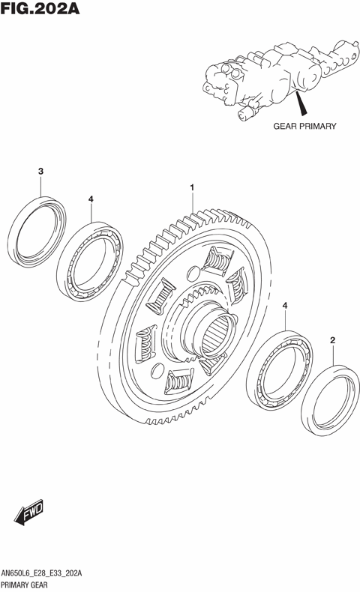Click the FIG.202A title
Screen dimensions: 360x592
click(x=40, y=8)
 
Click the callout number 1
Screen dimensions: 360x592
click(x=192, y=187)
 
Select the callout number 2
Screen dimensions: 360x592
click(x=332, y=340)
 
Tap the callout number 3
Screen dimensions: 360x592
click(x=40, y=171)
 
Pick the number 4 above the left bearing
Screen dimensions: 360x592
click(x=91, y=199)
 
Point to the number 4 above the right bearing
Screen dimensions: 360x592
click(x=285, y=306)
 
